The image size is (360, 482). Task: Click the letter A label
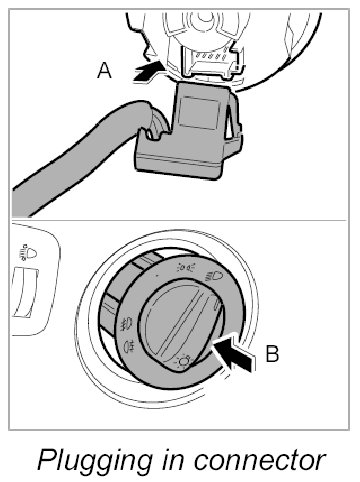104,71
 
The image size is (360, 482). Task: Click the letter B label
272,354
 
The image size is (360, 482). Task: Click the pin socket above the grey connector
212,61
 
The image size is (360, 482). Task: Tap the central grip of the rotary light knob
181,322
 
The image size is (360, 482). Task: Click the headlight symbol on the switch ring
214,275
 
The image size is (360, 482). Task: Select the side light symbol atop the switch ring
186,267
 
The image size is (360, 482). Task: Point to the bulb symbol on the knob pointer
184,360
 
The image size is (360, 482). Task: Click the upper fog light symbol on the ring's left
127,323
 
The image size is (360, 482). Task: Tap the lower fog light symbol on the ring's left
129,347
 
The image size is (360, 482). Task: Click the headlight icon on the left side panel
28,254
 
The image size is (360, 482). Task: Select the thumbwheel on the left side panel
25,293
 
